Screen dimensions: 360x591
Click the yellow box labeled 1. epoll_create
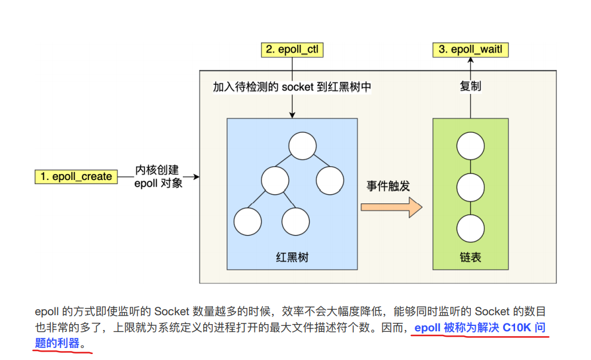(76, 176)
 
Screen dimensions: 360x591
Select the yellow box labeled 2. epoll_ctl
(292, 50)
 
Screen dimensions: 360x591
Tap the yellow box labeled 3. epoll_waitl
(470, 50)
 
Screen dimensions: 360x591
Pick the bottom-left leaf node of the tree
(248, 221)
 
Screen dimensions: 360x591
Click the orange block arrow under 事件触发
(391, 208)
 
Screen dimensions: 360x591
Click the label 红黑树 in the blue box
(292, 258)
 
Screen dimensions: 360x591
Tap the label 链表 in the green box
(470, 258)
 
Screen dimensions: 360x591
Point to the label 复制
(470, 86)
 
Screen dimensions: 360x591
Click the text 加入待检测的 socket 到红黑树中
(292, 87)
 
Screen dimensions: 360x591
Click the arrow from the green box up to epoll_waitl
(470, 105)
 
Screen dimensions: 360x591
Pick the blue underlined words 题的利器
(57, 344)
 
